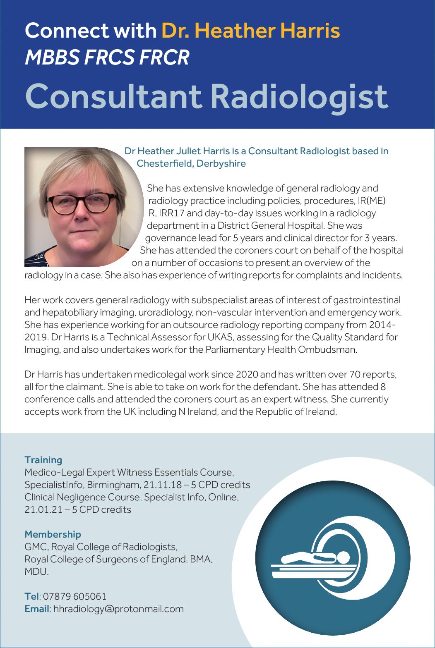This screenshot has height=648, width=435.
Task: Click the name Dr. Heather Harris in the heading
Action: tap(250, 31)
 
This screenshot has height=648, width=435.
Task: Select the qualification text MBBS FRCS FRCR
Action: tap(107, 58)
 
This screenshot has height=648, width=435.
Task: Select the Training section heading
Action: tap(43, 460)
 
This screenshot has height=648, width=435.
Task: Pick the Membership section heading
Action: tap(53, 534)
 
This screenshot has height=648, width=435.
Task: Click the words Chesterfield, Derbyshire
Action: tap(191, 163)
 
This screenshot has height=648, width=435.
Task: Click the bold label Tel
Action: tap(31, 596)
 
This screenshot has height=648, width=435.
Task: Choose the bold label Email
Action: tap(37, 609)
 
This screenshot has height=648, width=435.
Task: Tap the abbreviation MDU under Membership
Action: tap(36, 572)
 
